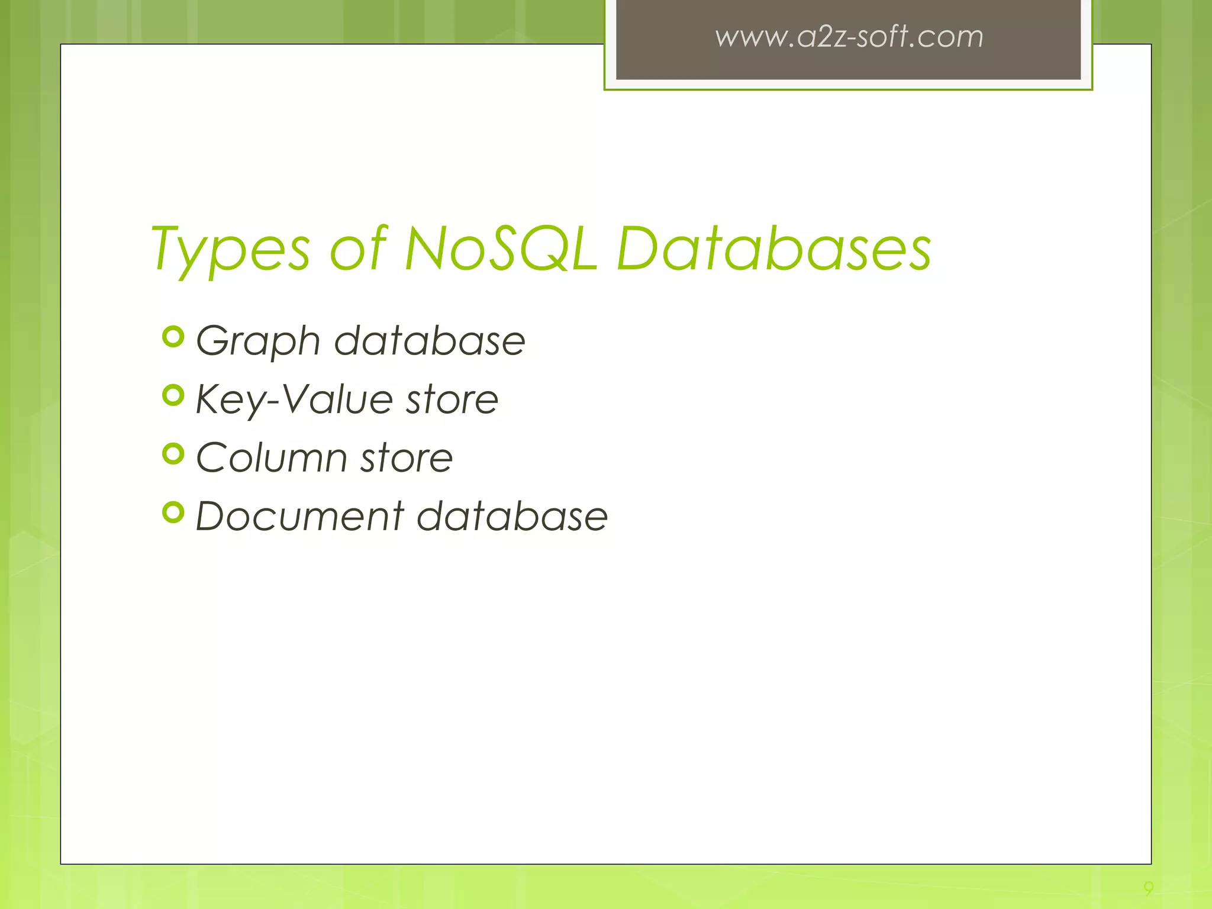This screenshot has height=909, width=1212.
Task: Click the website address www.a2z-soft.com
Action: click(849, 37)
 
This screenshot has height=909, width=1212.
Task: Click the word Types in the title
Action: click(231, 250)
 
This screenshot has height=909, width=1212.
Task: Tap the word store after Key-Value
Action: click(452, 399)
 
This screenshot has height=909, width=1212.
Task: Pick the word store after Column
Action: click(407, 457)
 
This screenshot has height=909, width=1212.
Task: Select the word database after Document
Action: click(512, 515)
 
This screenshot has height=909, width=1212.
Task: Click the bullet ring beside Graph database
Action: click(173, 337)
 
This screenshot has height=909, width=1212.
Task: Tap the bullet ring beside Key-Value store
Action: click(173, 395)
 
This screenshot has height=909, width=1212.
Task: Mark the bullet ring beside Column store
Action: click(173, 454)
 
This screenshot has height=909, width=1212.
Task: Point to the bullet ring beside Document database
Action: click(173, 512)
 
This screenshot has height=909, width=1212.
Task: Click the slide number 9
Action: click(1148, 888)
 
